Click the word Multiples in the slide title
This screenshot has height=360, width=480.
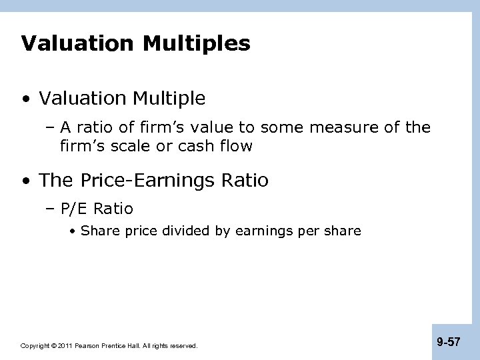[198, 44]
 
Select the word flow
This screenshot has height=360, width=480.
[235, 145]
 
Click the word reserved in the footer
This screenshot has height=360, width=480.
[183, 346]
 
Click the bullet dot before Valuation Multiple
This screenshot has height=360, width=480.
[26, 99]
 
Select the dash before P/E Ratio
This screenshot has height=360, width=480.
[52, 209]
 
